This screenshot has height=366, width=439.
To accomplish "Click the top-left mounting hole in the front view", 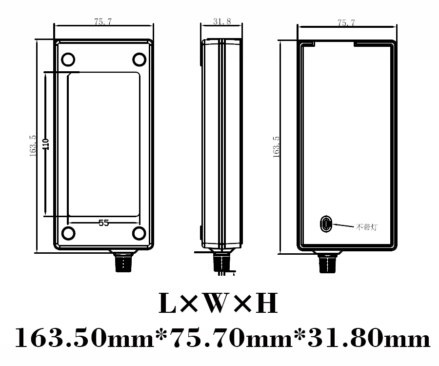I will (x=68, y=60).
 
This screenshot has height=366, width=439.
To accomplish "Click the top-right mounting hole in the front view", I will (x=140, y=60).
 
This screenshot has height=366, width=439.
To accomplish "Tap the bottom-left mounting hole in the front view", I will (x=68, y=233).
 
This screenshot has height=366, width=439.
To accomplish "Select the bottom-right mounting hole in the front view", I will (x=140, y=233).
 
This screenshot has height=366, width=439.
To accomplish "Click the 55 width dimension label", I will (x=103, y=223).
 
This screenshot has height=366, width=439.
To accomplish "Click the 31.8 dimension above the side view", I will (x=222, y=22).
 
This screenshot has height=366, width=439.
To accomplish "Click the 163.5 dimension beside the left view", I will (x=33, y=145).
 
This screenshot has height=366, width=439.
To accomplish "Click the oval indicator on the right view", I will (x=325, y=224).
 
